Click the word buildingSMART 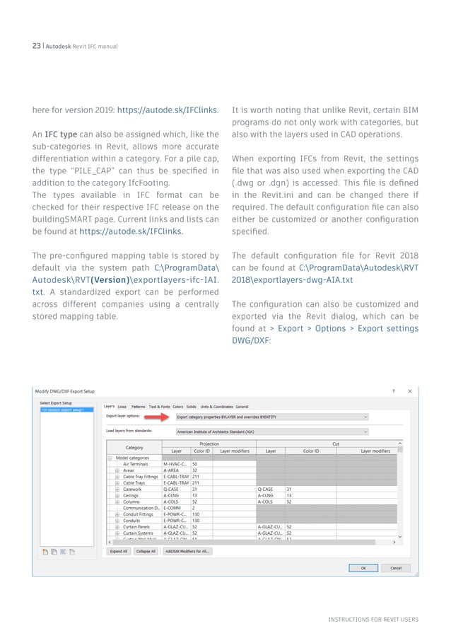pos(57,219)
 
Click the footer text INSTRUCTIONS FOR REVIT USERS pos(373,620)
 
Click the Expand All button pos(118,551)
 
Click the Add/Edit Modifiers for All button pos(187,551)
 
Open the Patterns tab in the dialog pos(139,407)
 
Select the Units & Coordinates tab pos(216,407)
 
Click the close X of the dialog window pos(410,390)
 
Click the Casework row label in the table pos(132,489)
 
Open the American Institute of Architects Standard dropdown pos(272,431)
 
